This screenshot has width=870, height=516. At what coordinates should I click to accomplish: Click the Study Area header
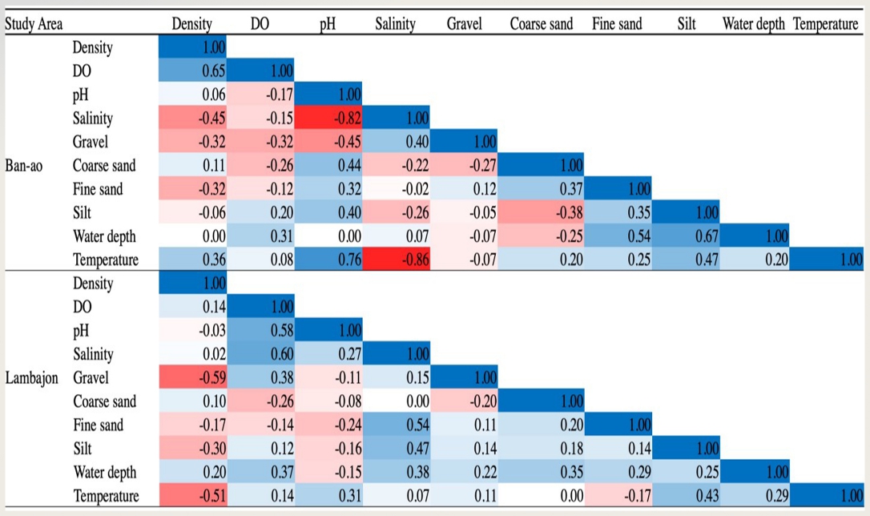pos(34,24)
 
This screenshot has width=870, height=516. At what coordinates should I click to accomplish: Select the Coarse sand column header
pos(541,24)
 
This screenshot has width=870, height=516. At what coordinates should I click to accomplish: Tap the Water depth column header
pos(753,24)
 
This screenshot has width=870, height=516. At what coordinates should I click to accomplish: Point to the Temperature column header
pos(825,24)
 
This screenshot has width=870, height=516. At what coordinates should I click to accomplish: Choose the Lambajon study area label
pos(31,377)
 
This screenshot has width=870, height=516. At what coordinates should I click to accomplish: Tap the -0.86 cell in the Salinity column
pos(396,260)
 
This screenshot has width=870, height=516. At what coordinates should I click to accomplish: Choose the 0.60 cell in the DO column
pos(262,354)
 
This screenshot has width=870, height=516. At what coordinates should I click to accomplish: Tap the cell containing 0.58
pos(262,330)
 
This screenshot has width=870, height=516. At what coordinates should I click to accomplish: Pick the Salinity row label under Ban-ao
pos(93,119)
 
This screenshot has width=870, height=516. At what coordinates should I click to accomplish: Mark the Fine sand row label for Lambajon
pos(98,425)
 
